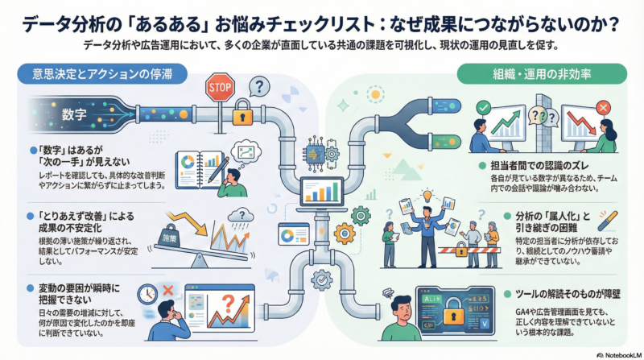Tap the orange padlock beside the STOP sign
(239, 115)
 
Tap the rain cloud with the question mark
(239, 215)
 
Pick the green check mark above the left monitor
(484, 107)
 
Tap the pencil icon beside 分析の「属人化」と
(606, 219)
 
